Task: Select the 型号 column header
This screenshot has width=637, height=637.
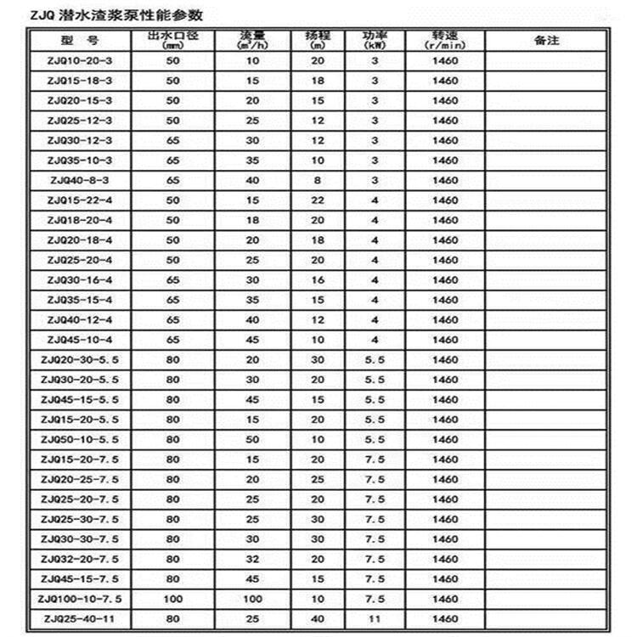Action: point(80,41)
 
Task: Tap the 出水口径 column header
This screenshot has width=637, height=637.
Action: point(173,40)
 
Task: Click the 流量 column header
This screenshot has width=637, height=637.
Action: point(252,40)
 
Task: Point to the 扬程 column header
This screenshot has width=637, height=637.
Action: point(317,40)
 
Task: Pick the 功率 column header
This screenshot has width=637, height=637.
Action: point(374,40)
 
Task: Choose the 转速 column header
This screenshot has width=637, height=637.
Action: point(444,40)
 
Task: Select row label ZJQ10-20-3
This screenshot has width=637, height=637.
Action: point(80,60)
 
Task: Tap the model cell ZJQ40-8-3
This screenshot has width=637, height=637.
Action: point(80,180)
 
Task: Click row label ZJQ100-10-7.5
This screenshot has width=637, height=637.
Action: point(80,599)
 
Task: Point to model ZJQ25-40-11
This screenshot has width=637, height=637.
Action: point(80,619)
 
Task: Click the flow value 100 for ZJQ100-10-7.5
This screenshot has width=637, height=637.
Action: point(252,599)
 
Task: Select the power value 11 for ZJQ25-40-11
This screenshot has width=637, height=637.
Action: point(374,619)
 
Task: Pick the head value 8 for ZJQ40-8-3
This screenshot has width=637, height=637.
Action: point(317,180)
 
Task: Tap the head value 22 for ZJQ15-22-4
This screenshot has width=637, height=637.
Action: point(317,200)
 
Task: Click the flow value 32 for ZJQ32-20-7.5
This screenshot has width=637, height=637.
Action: point(252,559)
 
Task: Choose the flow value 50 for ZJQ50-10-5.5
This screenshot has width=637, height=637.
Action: point(252,439)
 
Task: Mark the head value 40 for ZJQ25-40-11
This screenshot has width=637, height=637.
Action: point(317,619)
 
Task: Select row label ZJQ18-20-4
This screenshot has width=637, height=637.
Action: point(80,220)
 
